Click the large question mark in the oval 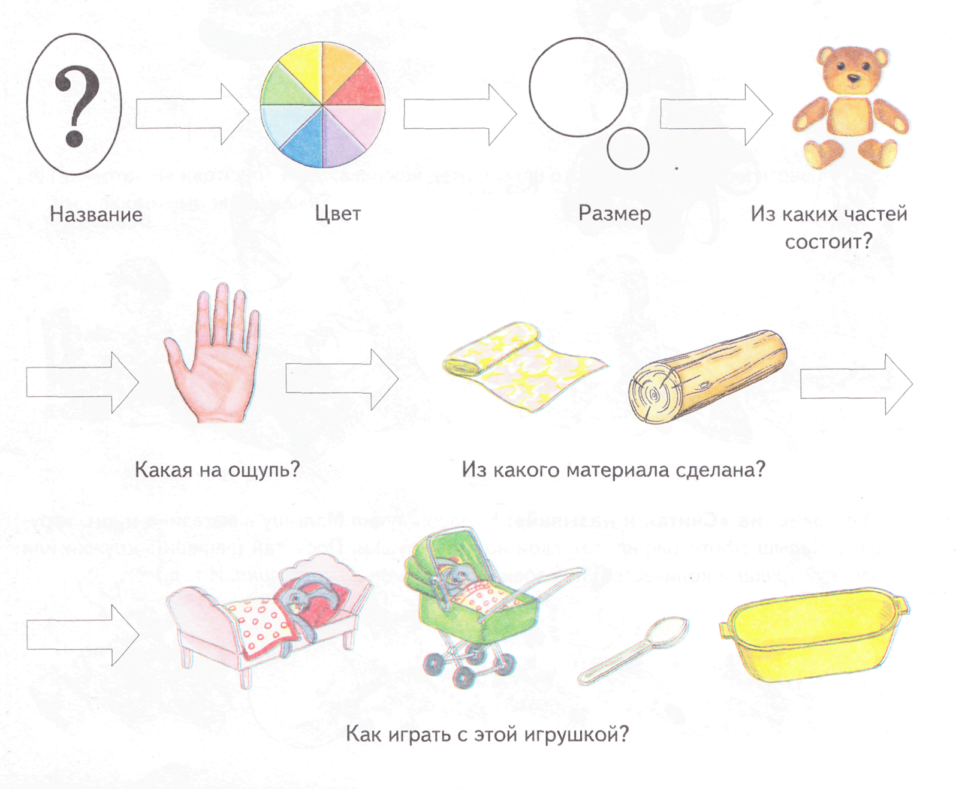[x=76, y=106]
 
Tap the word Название [x=96, y=214]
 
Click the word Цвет [x=337, y=213]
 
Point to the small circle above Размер [x=628, y=148]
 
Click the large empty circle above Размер [x=578, y=87]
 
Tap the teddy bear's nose [x=853, y=78]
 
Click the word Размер [x=614, y=213]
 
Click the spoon [x=633, y=651]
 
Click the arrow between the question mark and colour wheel [x=192, y=113]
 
